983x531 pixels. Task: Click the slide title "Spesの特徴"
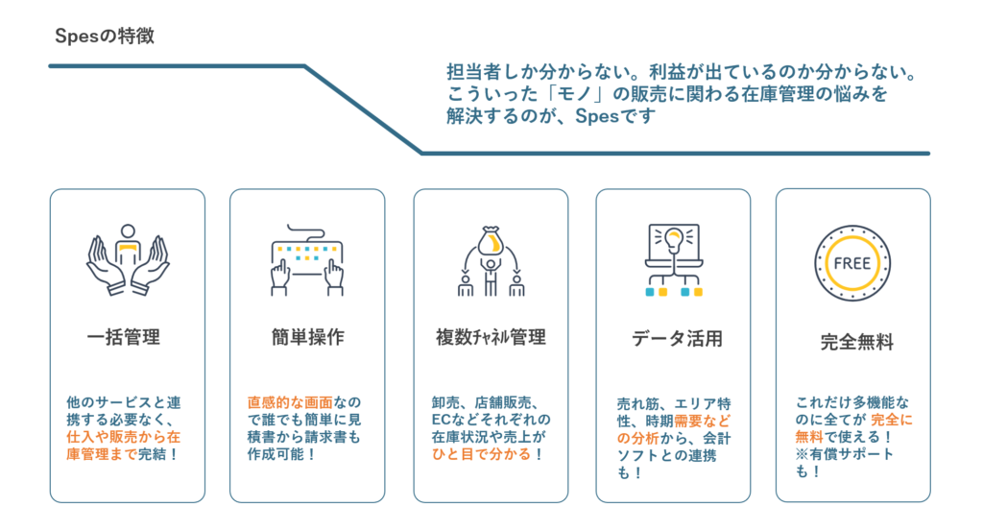click(x=105, y=37)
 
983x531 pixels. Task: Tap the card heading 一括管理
click(x=123, y=337)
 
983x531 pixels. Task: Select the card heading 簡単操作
click(x=307, y=337)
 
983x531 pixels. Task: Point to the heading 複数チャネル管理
click(x=491, y=337)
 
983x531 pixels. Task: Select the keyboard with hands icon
click(x=307, y=261)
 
